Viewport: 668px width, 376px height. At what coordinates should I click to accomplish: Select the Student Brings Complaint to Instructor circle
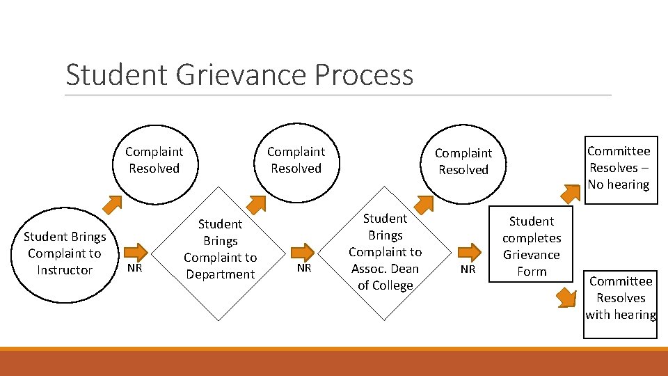[x=65, y=253]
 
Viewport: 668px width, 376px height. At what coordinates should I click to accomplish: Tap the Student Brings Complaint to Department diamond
[x=220, y=249]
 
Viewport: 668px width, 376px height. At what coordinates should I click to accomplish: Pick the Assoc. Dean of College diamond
[x=385, y=252]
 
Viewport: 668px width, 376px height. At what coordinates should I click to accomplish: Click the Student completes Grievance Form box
[x=532, y=246]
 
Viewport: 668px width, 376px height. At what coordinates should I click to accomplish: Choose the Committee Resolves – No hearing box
[x=619, y=168]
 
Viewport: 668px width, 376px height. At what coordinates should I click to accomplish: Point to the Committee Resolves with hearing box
[x=620, y=298]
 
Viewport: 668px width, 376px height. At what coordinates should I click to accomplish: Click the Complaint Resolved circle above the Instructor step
[x=154, y=160]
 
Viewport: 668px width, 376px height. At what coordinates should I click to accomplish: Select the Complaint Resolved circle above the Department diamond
[x=296, y=160]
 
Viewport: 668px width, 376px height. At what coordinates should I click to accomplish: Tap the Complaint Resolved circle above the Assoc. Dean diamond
[x=463, y=162]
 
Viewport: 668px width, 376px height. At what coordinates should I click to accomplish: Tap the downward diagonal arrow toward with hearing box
[x=566, y=297]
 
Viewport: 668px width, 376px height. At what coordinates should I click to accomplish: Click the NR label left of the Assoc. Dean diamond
[x=304, y=268]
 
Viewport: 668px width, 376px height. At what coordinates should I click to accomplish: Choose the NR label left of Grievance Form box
[x=468, y=269]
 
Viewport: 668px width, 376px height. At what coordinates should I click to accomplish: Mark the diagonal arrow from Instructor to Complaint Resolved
[x=111, y=204]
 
